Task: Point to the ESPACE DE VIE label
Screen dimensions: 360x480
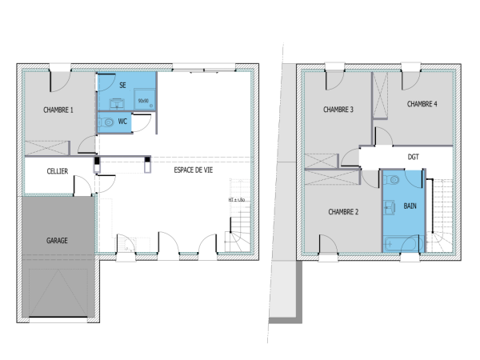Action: click(194, 170)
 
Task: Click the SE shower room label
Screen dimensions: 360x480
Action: click(122, 84)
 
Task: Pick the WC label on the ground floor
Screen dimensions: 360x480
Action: click(122, 122)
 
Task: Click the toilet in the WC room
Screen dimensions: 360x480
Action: click(106, 122)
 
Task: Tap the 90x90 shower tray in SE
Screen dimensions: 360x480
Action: click(144, 101)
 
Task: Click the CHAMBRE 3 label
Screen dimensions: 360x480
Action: click(338, 110)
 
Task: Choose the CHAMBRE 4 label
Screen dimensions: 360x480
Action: click(422, 104)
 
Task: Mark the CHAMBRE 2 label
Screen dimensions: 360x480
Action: click(342, 212)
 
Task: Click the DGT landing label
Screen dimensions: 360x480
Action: click(413, 157)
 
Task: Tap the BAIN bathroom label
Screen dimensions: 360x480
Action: click(410, 206)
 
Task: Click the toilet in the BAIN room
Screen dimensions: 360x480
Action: click(391, 182)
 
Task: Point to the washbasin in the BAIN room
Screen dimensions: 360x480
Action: click(390, 209)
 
